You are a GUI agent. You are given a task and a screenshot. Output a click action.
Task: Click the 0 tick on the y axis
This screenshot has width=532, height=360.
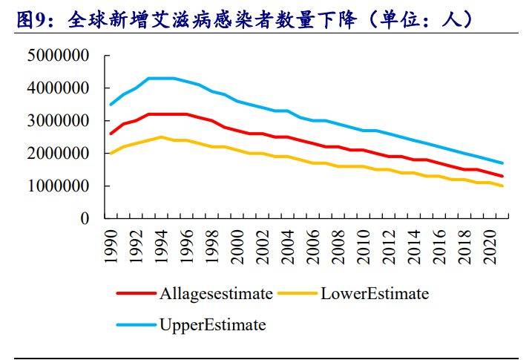tap(84, 219)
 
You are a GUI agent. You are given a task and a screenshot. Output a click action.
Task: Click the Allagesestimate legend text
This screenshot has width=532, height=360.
tap(216, 294)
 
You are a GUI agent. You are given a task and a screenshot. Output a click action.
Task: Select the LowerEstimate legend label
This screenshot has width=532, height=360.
tap(375, 294)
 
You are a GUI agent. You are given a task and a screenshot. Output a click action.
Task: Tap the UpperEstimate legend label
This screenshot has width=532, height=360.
tap(212, 325)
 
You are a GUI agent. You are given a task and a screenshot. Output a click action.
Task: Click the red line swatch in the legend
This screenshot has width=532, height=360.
tap(137, 294)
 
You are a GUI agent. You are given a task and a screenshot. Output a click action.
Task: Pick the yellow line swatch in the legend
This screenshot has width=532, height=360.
tap(298, 294)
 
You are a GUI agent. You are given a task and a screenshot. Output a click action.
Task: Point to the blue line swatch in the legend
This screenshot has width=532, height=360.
tap(137, 325)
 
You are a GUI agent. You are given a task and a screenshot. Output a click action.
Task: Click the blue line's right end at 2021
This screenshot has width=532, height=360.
tap(503, 163)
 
